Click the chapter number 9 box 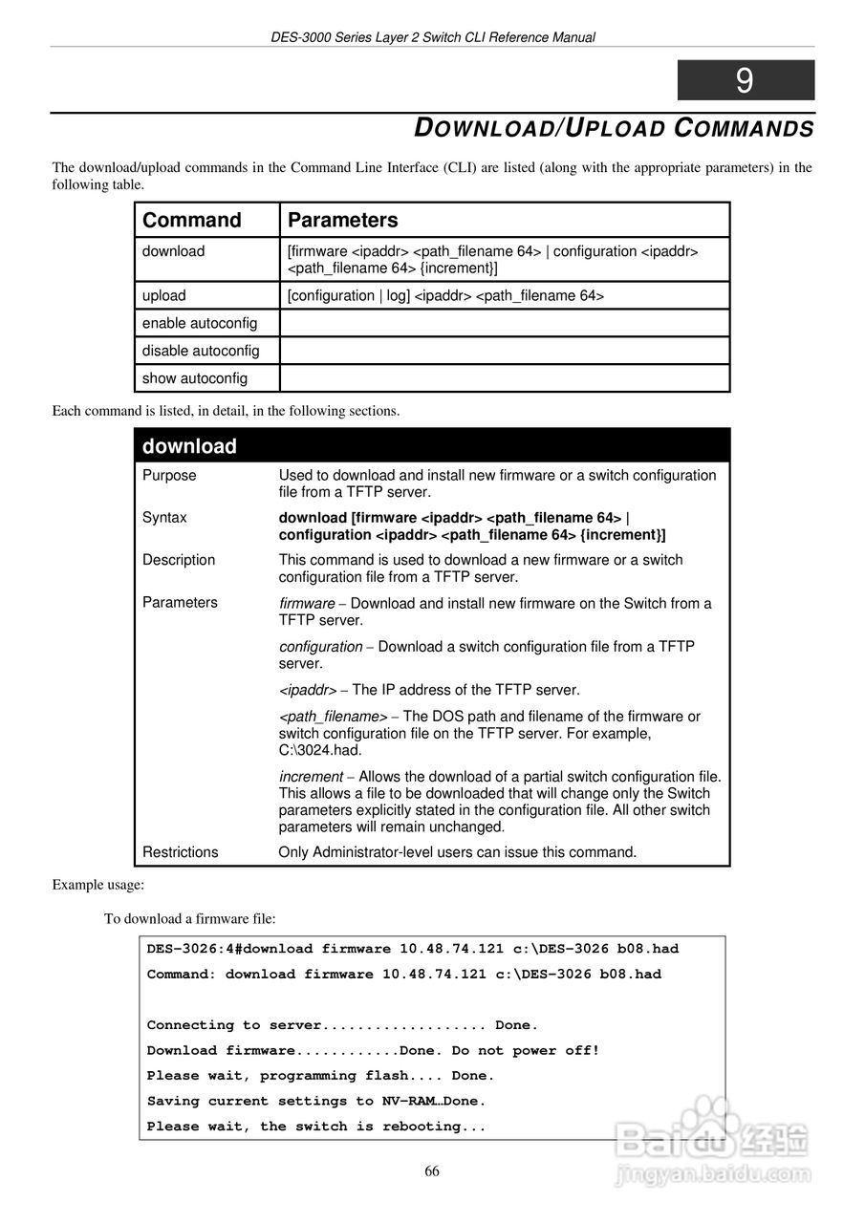[746, 80]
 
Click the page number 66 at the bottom [432, 1171]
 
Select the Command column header [192, 220]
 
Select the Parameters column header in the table [343, 220]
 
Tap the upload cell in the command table [164, 295]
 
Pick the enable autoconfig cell [200, 323]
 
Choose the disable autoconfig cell [201, 351]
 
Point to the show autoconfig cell [195, 378]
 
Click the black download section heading [189, 446]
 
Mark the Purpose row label [169, 475]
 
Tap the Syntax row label [164, 518]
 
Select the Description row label [179, 560]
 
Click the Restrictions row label [181, 852]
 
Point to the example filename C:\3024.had [320, 750]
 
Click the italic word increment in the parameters [311, 777]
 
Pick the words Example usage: [98, 885]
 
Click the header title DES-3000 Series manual [432, 37]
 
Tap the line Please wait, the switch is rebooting [316, 1126]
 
